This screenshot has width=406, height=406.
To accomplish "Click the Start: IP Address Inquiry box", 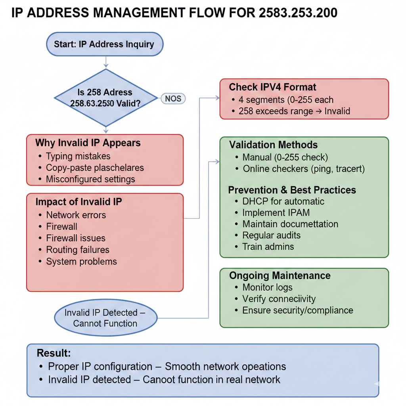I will tap(105, 44).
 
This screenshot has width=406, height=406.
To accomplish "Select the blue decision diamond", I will tap(105, 98).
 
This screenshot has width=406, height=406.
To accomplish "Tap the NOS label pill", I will tap(173, 98).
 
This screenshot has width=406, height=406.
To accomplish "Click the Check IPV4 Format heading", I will tap(273, 87).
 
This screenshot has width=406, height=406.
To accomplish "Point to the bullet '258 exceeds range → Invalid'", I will tap(294, 111).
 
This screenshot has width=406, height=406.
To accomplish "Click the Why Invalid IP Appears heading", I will tap(88, 143).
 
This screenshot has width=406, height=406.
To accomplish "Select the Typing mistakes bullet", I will tap(78, 156).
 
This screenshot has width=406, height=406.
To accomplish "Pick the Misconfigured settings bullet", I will tap(90, 179).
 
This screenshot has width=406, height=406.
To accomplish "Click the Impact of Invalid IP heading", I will tap(79, 201).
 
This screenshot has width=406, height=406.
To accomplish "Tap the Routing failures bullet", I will tap(78, 250).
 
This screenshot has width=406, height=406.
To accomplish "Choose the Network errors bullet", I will tap(76, 215).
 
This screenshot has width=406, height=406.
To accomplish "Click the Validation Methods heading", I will tap(274, 145).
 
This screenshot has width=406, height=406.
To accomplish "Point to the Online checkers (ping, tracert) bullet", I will tap(304, 169).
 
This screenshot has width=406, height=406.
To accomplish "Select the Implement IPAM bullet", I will tap(276, 213).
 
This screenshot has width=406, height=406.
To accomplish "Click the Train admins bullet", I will tap(268, 247).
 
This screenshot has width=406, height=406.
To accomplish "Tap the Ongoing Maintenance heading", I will tap(280, 276).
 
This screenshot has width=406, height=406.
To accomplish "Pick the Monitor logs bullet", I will tap(268, 287).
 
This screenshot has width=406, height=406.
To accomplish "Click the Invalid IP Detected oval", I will tap(105, 318).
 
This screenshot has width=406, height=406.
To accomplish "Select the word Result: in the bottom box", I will tap(54, 353).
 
